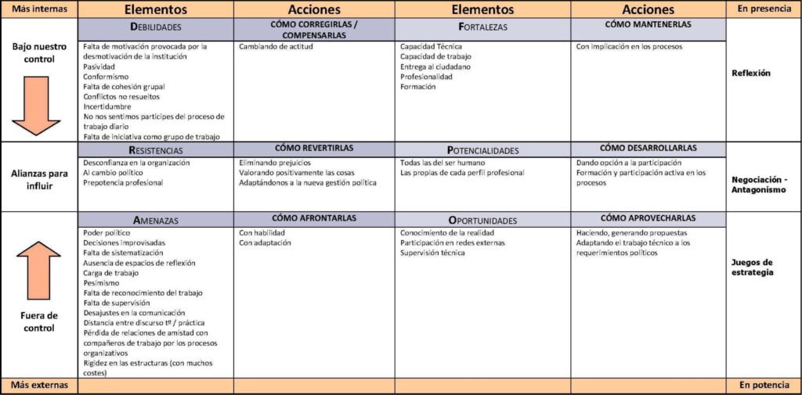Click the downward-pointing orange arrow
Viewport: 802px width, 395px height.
coord(37,106)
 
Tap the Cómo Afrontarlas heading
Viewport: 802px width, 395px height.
coord(313,218)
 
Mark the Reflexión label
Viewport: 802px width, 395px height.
coord(750,74)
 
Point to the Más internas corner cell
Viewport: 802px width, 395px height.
coord(39,9)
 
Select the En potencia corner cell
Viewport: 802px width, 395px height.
coord(764,386)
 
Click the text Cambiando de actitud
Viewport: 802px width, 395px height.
coord(276,47)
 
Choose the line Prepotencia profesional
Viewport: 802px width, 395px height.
coord(123,183)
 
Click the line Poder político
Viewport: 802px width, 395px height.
coord(108,233)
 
